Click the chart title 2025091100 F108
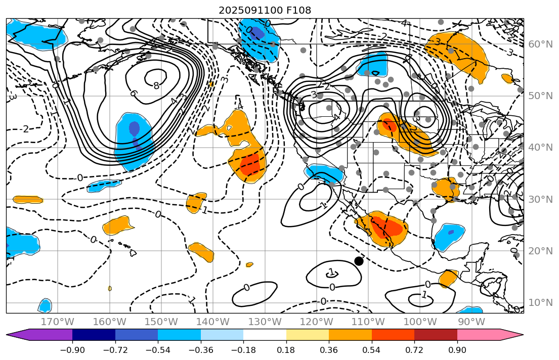tap(265, 10)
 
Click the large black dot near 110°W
tap(359, 261)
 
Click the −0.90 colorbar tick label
tap(73, 350)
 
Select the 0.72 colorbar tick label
tap(414, 350)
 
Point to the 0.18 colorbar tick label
tap(286, 350)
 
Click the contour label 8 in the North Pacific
tap(156, 86)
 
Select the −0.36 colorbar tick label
tap(201, 350)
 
